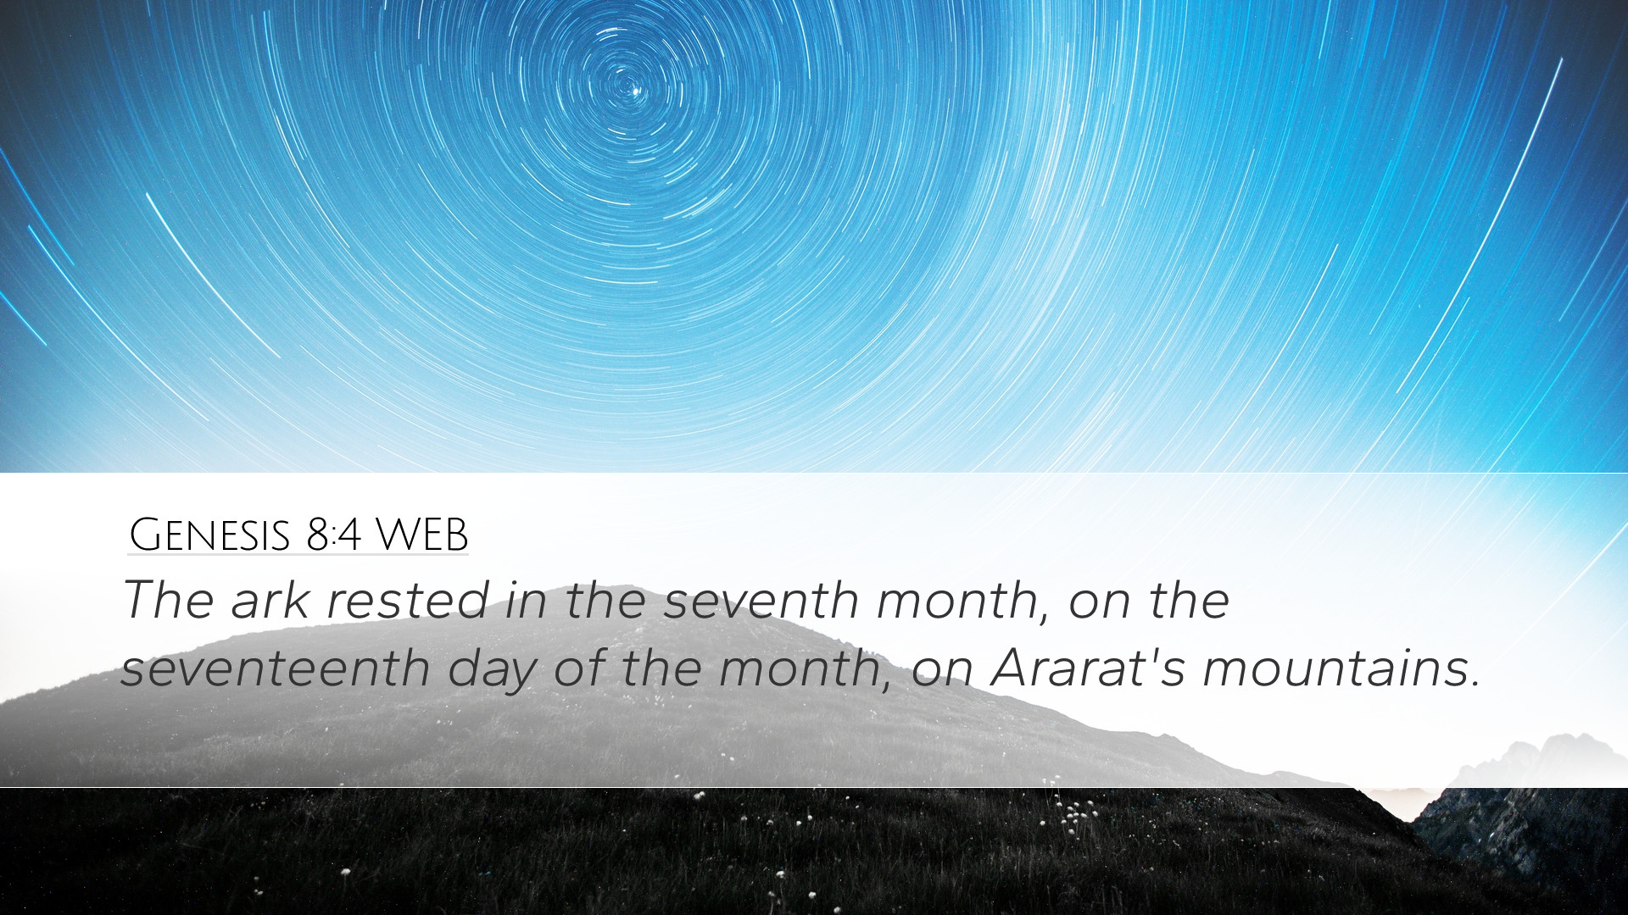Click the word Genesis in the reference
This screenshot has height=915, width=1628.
point(209,535)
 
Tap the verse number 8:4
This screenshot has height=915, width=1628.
point(334,535)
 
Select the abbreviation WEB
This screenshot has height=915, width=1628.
point(421,535)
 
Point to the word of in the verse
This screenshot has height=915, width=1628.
point(584,668)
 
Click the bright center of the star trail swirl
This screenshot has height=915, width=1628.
point(629,86)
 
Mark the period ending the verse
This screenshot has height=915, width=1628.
point(1475,684)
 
